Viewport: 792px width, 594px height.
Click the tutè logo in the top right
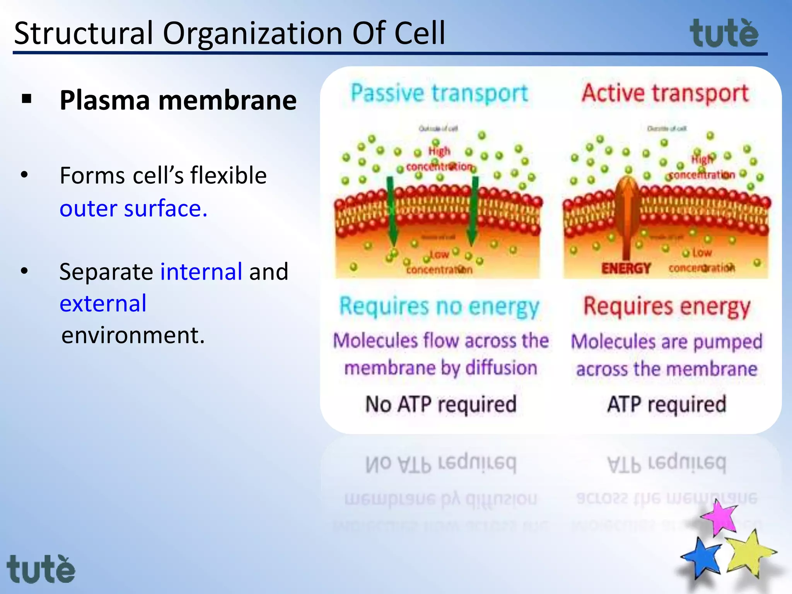[x=724, y=34]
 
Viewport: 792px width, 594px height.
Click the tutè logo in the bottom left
[x=41, y=569]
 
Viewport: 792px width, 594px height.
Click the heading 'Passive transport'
[x=439, y=94]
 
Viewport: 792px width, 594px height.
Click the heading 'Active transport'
[x=665, y=94]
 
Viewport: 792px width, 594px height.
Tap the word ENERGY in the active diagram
[x=626, y=268]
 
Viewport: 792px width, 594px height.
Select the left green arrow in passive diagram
[x=392, y=211]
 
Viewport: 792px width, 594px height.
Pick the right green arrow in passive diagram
[x=473, y=211]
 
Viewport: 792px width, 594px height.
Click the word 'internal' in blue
[x=201, y=271]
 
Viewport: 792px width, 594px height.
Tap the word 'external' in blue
[x=103, y=304]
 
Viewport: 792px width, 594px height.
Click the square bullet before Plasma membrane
[x=27, y=99]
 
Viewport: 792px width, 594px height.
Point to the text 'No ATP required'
[x=441, y=405]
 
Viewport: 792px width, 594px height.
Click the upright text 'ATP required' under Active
[x=667, y=405]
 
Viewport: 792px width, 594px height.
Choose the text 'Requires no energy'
[x=439, y=307]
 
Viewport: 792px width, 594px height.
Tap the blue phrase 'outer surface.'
[x=133, y=209]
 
